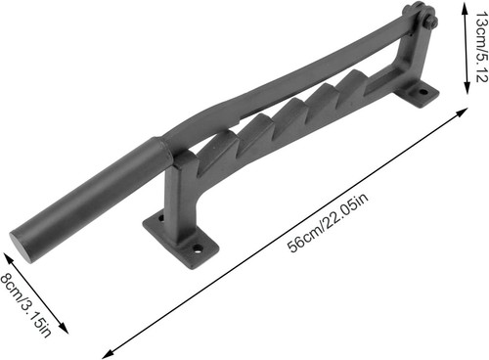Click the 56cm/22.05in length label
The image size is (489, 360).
328,222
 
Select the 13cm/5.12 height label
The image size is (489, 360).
481,47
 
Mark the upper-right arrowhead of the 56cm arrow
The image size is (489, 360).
462,112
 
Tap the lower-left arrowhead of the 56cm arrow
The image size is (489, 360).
107,354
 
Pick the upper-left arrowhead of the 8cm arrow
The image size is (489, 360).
8,257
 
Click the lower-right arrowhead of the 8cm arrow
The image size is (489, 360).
64,329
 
